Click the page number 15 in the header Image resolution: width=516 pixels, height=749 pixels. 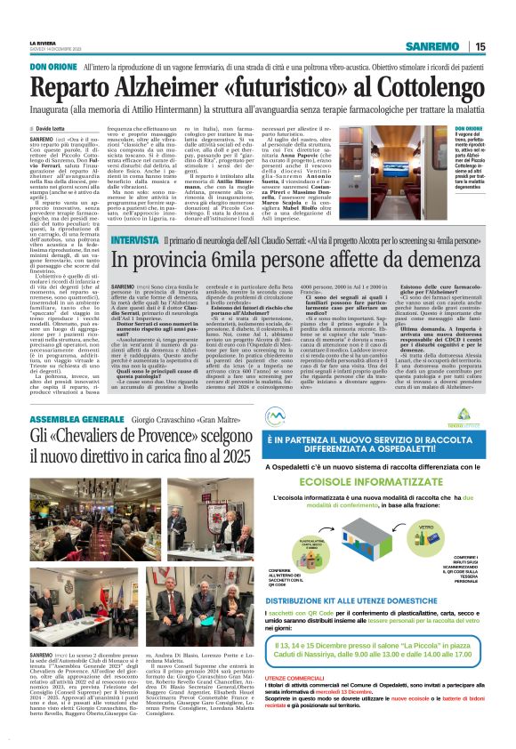tap(504, 47)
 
